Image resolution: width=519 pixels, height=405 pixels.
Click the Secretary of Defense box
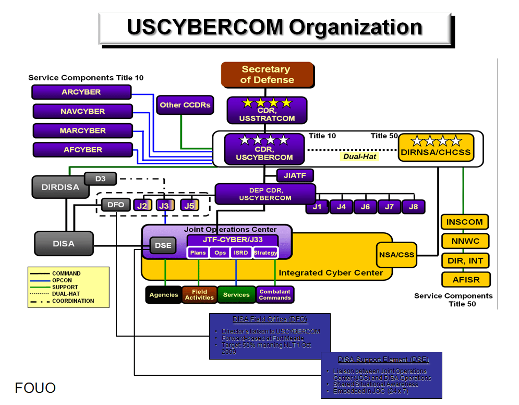(x=267, y=75)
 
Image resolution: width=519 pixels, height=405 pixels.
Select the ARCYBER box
(x=81, y=92)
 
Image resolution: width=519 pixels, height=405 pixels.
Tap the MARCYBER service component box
(x=82, y=130)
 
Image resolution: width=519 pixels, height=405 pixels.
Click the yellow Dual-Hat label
(x=359, y=156)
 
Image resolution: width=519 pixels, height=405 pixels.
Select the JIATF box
(x=295, y=176)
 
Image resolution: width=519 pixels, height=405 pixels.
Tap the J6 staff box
(x=365, y=207)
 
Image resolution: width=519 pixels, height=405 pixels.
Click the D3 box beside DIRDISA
(x=100, y=179)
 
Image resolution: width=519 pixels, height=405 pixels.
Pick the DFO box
(x=115, y=205)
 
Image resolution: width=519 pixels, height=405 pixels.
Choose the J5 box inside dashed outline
(x=189, y=205)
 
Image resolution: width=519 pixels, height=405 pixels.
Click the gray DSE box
(x=163, y=246)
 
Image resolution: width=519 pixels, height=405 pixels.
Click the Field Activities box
(x=199, y=295)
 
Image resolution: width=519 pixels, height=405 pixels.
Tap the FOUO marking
(x=35, y=388)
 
